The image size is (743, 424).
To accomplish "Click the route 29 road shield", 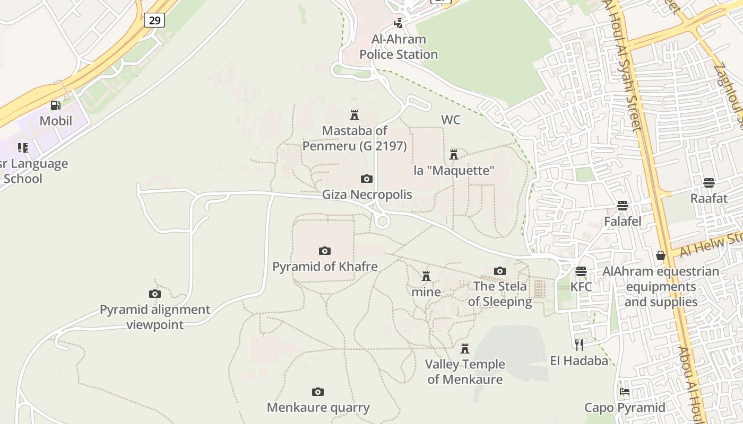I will pos(154,21).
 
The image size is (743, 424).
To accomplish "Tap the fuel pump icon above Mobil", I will pos(55,105).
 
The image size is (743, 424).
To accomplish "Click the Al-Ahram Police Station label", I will pos(399,47).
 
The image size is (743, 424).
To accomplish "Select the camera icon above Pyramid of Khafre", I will pos(325,251).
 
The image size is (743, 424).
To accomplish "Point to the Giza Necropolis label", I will pos(367,195).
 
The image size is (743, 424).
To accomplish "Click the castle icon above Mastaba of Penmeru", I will pos(355,114).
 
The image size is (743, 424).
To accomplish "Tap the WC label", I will pos(451,120).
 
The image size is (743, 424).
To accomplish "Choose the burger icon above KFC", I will pos(581,272).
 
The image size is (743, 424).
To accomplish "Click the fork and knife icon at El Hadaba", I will pos(579,345).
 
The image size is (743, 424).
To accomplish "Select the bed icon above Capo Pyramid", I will pos(625,392).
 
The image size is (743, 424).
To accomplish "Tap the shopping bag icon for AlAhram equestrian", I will pos(661,256).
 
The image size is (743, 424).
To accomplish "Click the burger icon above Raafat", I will pos(709,183).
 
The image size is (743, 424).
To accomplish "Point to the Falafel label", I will pos(623,221).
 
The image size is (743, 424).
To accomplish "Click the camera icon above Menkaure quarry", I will pos(318,392).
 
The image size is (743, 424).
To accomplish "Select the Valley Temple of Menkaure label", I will pos(465,372).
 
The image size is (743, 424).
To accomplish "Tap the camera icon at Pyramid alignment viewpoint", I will pos(155,294).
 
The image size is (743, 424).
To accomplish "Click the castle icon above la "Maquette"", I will pos(454,155).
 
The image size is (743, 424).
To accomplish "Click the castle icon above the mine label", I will pos(426,276).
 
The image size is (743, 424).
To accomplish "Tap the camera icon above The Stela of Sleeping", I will pos(499,271).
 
